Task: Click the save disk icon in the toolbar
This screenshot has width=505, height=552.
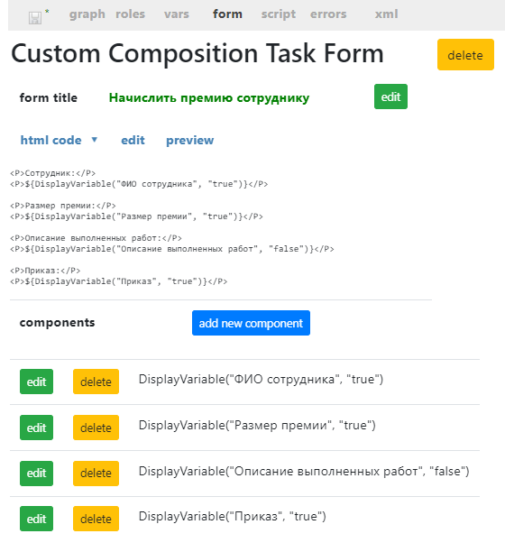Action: tap(35, 18)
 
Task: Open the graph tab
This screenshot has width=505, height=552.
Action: tap(87, 14)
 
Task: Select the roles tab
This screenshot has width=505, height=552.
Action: tap(130, 14)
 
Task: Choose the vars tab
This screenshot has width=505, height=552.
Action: tap(177, 14)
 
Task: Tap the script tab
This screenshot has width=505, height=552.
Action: tap(279, 14)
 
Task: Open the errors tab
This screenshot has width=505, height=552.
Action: tap(328, 14)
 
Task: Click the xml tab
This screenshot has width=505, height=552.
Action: tap(386, 14)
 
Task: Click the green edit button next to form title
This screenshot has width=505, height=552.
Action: tap(390, 97)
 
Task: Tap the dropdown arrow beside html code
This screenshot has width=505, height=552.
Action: tap(95, 140)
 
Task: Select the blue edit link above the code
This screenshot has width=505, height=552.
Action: tap(133, 140)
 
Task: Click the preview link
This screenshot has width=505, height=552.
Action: tap(189, 141)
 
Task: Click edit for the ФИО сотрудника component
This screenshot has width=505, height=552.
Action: tap(36, 382)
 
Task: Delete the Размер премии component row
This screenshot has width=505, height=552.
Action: tap(96, 428)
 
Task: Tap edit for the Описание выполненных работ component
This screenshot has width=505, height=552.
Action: tap(36, 474)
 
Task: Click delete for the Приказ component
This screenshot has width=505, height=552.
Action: tap(96, 519)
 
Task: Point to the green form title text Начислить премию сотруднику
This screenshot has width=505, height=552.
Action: tap(209, 98)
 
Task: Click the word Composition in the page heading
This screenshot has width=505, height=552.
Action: tap(183, 53)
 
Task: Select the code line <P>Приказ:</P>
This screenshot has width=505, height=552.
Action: tap(45, 271)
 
